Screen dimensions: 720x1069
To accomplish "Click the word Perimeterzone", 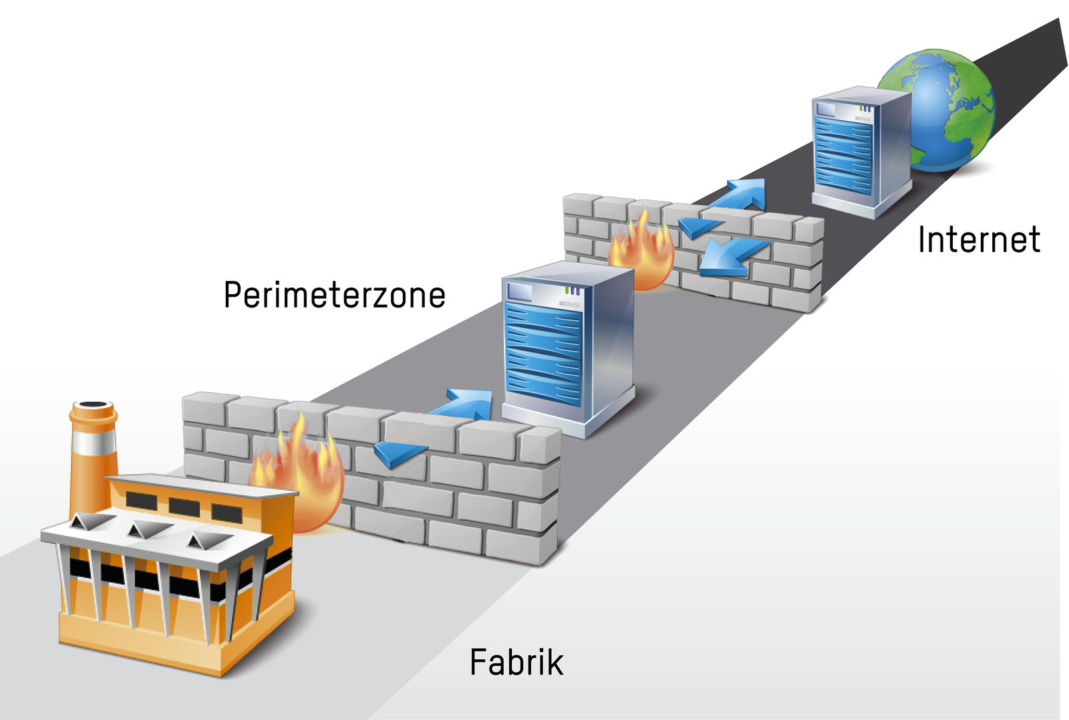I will (334, 295).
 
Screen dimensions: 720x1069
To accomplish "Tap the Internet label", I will (979, 239).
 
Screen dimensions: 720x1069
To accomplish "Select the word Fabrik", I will (516, 663).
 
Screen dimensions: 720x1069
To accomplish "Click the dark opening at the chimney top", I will (93, 405).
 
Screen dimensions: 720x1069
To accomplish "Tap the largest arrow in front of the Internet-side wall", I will (732, 258).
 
